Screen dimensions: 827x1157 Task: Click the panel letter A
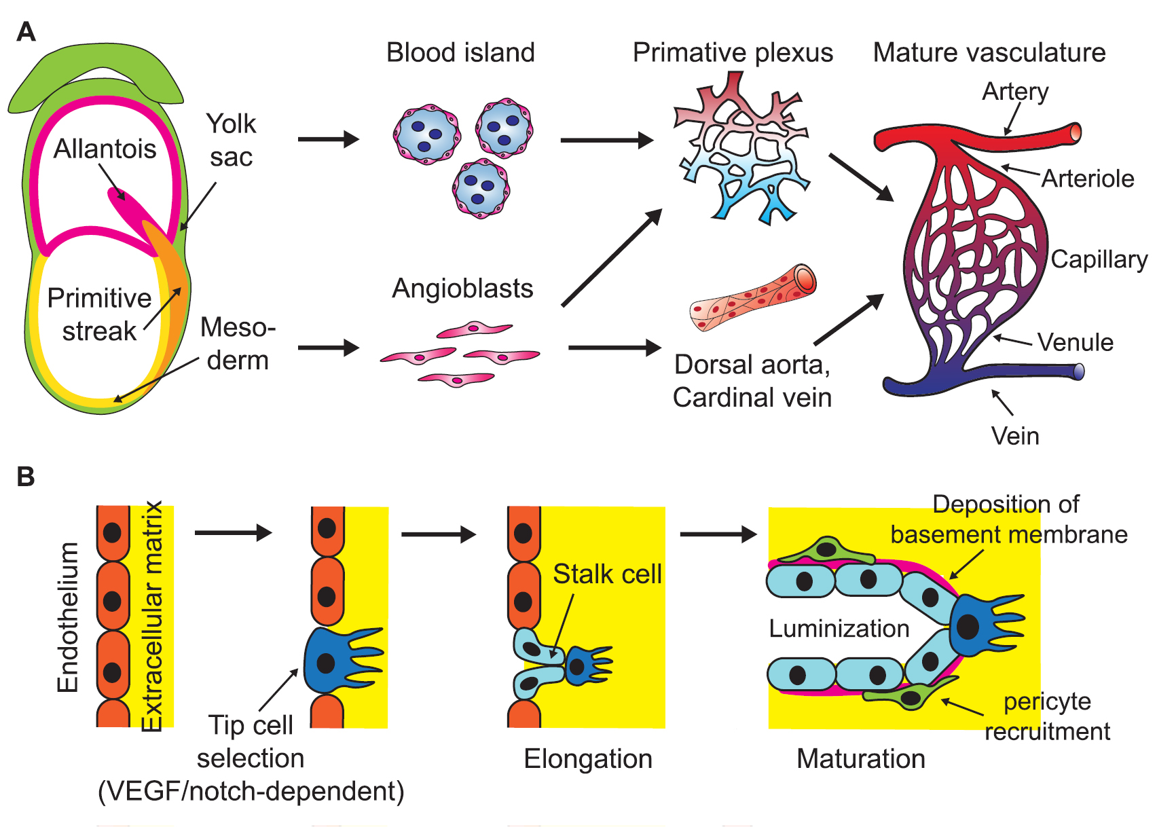(26, 32)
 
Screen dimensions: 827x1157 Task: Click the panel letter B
(26, 477)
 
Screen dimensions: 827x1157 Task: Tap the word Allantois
(105, 149)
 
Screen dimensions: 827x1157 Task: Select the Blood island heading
(460, 52)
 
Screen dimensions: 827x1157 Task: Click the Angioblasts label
(462, 289)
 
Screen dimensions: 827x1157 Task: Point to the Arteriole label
(1087, 179)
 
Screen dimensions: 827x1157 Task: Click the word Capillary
(1099, 259)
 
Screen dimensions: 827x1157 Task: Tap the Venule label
(1075, 342)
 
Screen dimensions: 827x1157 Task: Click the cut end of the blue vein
(1079, 371)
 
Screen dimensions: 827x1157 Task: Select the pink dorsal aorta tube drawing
(752, 298)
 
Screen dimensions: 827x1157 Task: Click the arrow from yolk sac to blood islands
(328, 139)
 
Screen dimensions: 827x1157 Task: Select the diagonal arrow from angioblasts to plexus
(611, 258)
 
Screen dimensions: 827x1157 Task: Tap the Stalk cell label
(606, 574)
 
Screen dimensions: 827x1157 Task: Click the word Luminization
(839, 629)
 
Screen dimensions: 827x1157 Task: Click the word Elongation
(587, 759)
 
